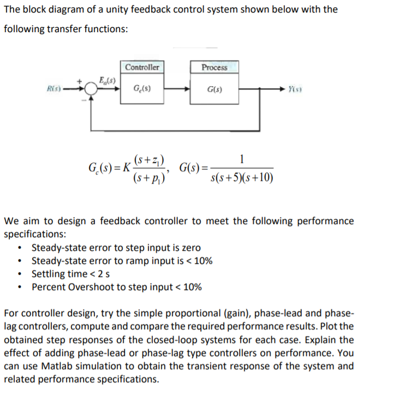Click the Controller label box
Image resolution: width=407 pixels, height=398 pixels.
tap(142, 67)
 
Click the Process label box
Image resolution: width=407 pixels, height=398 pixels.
tap(214, 67)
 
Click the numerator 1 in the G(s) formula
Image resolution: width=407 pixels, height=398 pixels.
tap(242, 159)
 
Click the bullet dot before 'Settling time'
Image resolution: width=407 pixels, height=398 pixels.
tap(21, 274)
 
